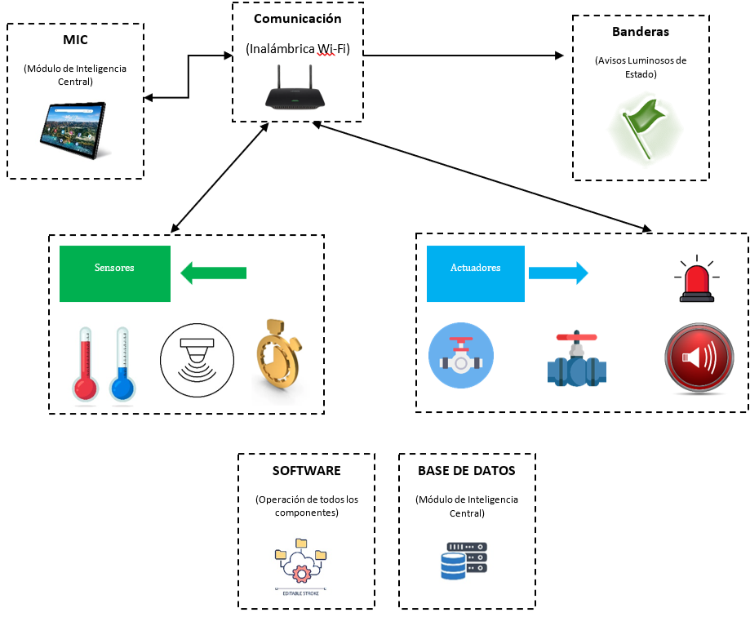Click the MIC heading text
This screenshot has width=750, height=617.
pos(75,40)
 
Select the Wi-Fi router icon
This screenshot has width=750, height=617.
pos(296,91)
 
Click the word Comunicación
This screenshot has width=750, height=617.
pos(297,19)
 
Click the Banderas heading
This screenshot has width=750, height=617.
pos(640,32)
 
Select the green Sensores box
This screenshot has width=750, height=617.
pos(115,273)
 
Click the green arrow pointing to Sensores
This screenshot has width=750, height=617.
pos(213,273)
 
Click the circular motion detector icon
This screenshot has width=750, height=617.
pos(197,360)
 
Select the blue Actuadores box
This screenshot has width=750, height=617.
pos(476,273)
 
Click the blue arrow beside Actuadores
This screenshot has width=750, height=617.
pos(558,273)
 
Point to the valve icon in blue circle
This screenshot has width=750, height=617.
pos(461,357)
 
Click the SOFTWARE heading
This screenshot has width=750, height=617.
pos(306,471)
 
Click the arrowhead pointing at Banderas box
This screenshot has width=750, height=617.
pos(560,55)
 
